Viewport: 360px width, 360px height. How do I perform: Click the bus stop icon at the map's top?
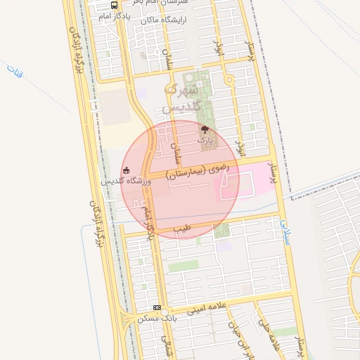(x=115, y=4)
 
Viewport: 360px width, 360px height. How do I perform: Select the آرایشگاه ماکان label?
(x=163, y=20)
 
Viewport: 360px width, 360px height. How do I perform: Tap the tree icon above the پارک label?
(x=205, y=129)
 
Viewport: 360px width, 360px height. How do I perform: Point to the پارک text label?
(x=205, y=141)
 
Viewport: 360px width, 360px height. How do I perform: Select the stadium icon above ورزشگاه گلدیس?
(x=126, y=169)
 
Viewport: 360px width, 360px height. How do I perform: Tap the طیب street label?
(x=184, y=229)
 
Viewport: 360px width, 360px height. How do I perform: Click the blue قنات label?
(x=15, y=70)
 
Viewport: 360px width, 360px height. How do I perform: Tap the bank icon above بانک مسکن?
(x=157, y=307)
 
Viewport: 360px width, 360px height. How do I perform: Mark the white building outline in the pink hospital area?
(x=231, y=186)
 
